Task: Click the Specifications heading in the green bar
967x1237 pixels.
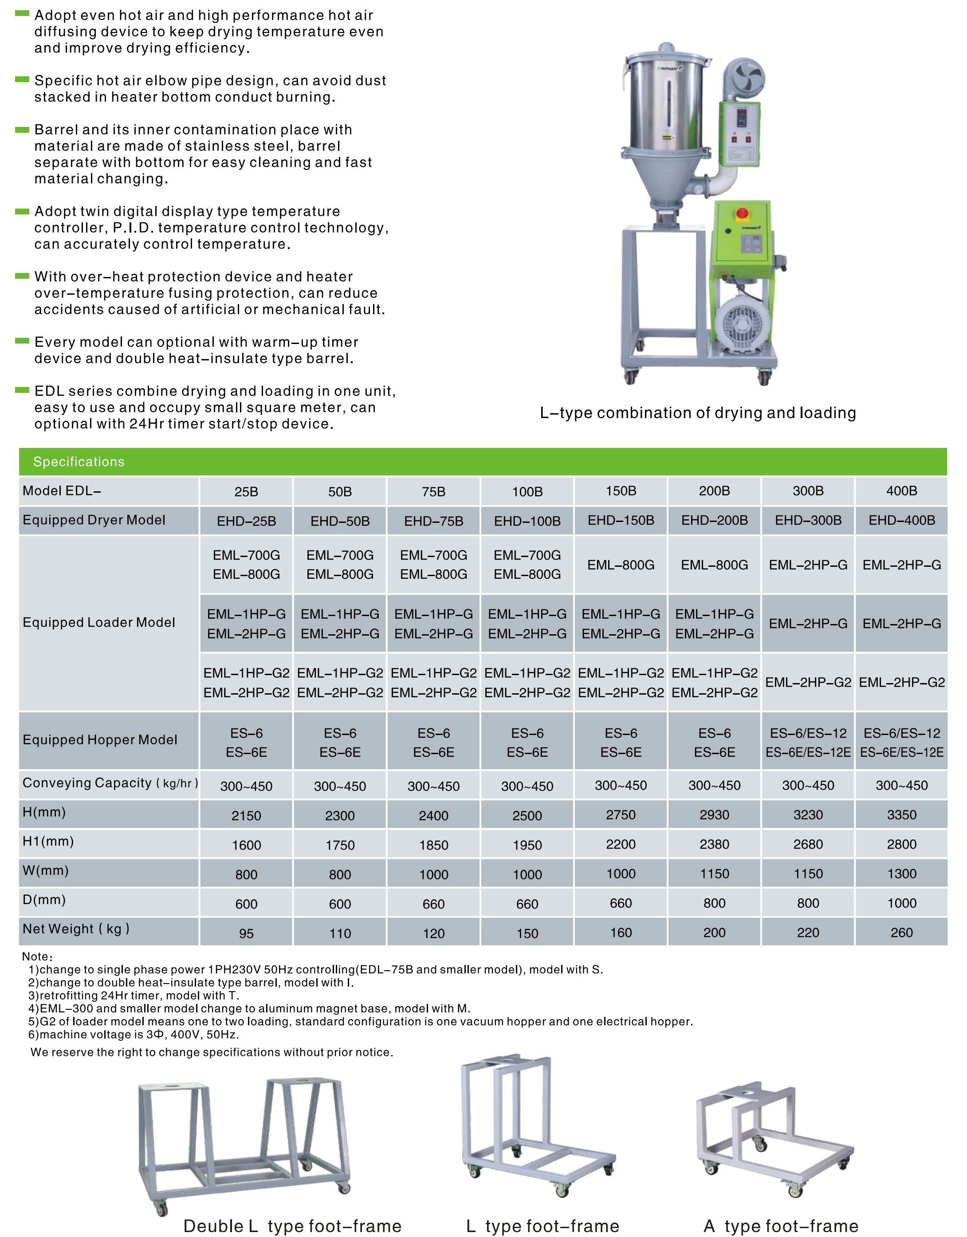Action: coord(79,462)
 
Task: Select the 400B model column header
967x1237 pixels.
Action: coord(901,491)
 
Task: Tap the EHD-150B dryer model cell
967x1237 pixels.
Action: coord(621,521)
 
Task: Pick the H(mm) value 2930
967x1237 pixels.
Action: coord(714,815)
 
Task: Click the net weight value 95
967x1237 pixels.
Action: coord(246,933)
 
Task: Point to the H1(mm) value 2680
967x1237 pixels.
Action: coord(808,845)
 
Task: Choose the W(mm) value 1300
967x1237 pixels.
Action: coord(901,874)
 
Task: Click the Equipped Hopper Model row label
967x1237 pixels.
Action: coord(100,740)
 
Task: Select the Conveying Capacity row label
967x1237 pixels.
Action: coord(110,783)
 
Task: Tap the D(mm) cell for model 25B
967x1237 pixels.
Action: coord(246,904)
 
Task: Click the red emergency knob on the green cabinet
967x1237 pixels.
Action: coord(742,214)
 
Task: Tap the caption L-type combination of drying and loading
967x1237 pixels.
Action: coord(697,413)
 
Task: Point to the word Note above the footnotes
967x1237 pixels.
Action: coord(37,956)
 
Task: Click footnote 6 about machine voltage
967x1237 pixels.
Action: coord(134,1035)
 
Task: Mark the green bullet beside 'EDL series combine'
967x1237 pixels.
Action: coord(22,390)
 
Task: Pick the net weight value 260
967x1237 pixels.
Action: coord(901,933)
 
